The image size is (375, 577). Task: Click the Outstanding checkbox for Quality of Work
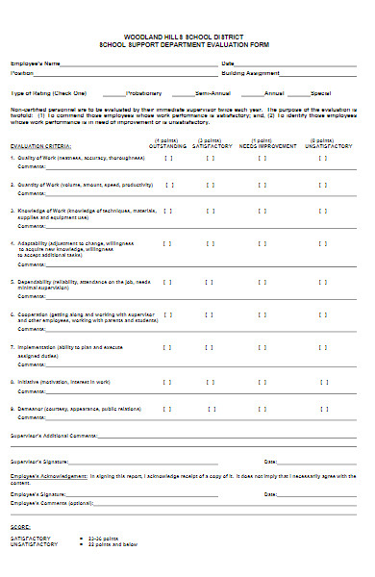pos(169,158)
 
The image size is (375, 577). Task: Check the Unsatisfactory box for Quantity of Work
pos(322,184)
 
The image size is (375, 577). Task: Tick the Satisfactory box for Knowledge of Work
pos(210,210)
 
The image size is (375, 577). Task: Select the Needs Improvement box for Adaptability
pos(262,245)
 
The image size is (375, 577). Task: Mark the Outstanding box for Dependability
pos(169,282)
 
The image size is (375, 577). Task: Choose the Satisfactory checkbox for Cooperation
pos(210,314)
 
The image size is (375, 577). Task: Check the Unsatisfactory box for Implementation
pos(322,347)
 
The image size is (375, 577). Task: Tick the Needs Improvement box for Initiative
pos(262,381)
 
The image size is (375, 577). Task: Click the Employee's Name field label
pos(35,63)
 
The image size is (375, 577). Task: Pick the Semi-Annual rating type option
pos(213,93)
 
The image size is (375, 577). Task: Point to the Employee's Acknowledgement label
pos(49,475)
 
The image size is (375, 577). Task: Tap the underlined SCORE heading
pos(20,527)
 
